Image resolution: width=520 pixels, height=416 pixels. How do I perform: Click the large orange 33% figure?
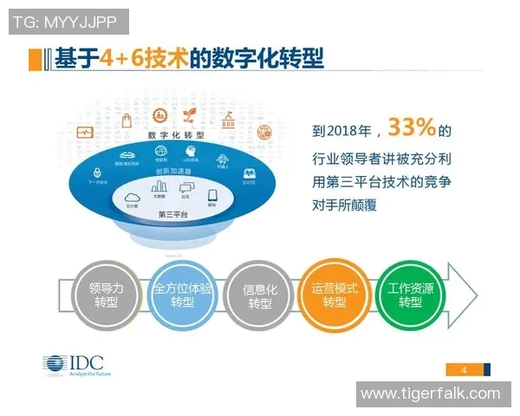tap(411, 128)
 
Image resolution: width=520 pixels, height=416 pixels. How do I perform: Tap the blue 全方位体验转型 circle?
tap(182, 295)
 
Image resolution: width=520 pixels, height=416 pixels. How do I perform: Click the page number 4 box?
tap(465, 370)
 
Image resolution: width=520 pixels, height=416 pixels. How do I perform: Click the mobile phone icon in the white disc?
tap(212, 196)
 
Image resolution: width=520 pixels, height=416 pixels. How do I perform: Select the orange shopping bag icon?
tap(127, 120)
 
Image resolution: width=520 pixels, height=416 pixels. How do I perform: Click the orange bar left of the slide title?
tap(34, 59)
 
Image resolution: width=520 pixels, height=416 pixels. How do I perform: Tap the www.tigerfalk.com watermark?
tap(430, 394)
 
